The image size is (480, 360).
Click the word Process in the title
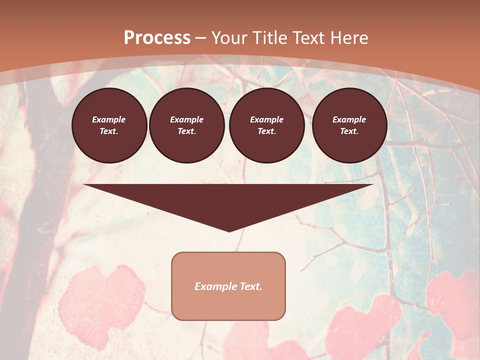click(x=157, y=38)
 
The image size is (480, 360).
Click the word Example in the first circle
click(x=109, y=119)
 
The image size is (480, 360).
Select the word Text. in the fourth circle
click(x=349, y=131)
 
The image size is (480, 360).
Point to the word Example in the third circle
click(x=267, y=119)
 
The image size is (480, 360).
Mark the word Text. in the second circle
click(x=187, y=131)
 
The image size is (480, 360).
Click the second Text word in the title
click(x=308, y=38)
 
